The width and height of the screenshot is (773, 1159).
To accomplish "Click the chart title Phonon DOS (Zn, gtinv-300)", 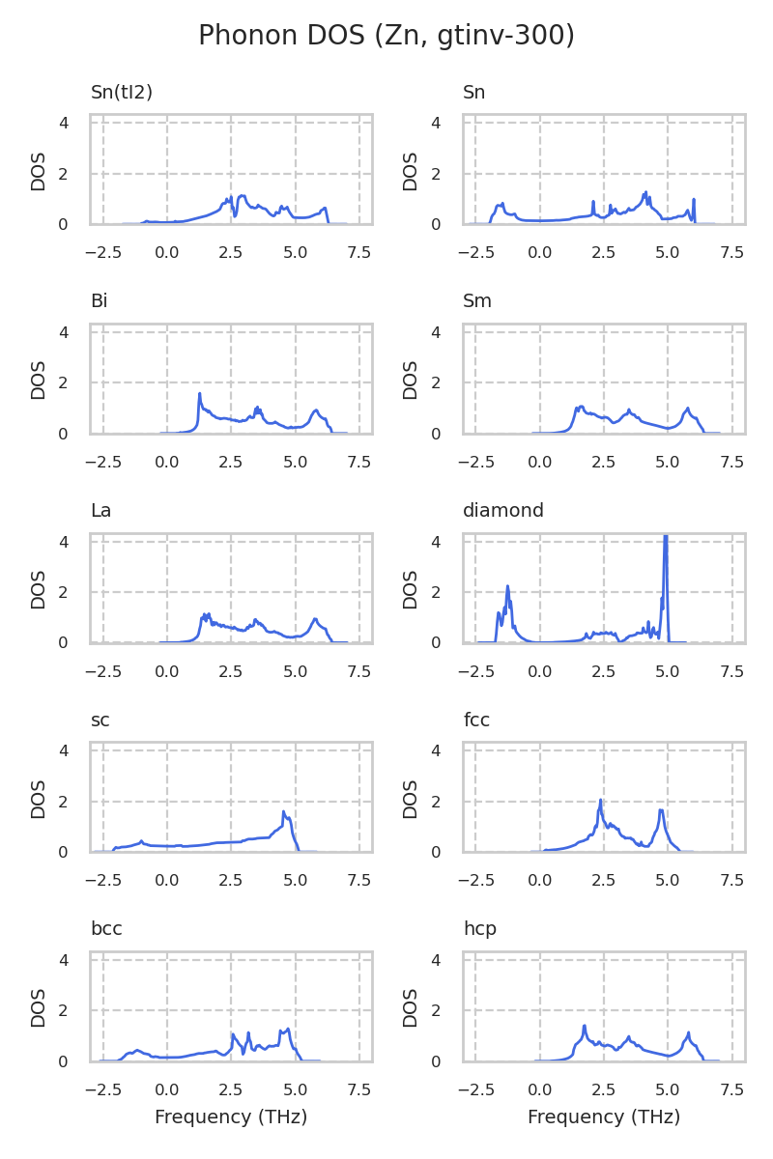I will [x=386, y=36].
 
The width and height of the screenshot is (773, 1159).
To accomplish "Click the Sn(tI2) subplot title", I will [x=122, y=93].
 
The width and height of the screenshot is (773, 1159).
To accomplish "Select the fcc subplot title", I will [x=477, y=720].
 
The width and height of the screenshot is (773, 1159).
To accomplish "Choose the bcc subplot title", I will [x=106, y=929].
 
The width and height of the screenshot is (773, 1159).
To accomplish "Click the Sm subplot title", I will [x=477, y=301].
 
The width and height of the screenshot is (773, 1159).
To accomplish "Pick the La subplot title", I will [x=101, y=511].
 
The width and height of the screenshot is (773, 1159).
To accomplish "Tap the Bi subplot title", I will [x=100, y=301].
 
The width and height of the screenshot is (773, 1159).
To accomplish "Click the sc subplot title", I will [x=100, y=720].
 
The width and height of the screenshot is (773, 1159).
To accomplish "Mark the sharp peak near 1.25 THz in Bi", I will [x=199, y=394].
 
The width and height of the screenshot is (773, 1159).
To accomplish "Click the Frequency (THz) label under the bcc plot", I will [x=231, y=1117].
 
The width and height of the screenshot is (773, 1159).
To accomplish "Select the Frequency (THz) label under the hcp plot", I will [x=604, y=1117].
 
